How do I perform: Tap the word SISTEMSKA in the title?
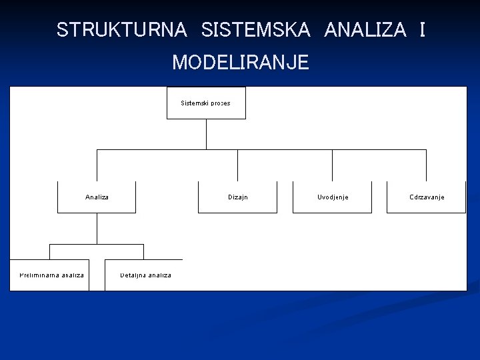(x=255, y=30)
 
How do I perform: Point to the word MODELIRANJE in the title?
(x=241, y=63)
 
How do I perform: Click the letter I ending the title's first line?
(x=422, y=30)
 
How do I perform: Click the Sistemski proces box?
(x=206, y=103)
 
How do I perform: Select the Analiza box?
(x=97, y=197)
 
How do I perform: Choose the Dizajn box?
(x=237, y=197)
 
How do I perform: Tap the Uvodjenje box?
(x=333, y=197)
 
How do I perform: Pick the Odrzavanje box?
(x=427, y=197)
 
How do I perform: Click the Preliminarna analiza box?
(x=50, y=275)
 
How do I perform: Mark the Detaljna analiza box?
(x=144, y=275)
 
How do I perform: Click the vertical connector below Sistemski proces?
(x=206, y=134)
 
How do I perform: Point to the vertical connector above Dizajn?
(x=237, y=165)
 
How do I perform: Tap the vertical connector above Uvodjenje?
(x=332, y=165)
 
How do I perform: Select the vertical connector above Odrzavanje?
(x=426, y=165)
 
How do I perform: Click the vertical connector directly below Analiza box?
(x=97, y=229)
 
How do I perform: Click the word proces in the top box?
(x=221, y=103)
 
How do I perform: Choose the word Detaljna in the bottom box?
(x=133, y=275)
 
